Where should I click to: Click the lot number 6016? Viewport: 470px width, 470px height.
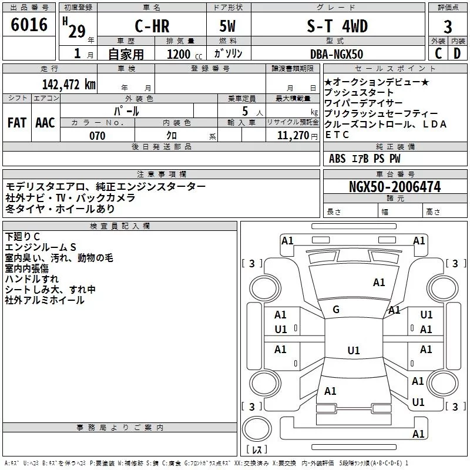29,25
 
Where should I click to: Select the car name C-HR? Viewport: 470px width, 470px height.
152,26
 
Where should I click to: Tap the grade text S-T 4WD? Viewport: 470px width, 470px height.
337,26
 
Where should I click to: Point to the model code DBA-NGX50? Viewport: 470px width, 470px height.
337,54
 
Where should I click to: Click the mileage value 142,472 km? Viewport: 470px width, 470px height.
69,85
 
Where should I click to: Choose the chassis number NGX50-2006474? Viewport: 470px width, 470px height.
395,187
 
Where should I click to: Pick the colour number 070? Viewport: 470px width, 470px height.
98,136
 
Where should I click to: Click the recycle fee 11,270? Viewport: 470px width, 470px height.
293,136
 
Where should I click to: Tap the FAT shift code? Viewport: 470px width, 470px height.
17,123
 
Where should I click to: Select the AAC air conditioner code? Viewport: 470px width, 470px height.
45,123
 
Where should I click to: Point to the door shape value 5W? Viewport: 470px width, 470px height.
227,26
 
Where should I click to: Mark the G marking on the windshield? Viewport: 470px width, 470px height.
336,310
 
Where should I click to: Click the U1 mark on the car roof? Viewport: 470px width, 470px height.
354,350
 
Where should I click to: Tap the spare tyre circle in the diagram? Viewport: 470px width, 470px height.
257,429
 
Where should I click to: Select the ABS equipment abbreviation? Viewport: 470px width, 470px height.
337,159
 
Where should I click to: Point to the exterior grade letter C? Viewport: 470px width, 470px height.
438,53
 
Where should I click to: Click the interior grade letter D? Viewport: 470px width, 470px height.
457,53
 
